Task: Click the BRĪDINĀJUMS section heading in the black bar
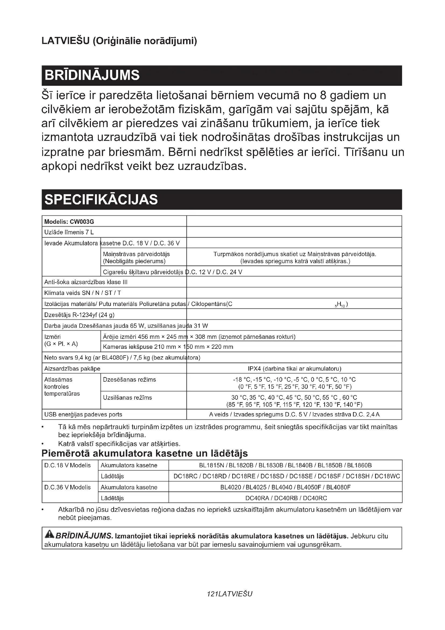click(x=92, y=75)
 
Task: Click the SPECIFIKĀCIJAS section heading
click(x=101, y=200)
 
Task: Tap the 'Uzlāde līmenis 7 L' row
click(x=69, y=232)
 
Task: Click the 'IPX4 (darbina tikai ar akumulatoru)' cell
click(x=294, y=368)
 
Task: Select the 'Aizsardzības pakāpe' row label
click(x=72, y=368)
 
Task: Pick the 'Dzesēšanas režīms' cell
click(x=129, y=380)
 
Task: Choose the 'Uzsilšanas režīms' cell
click(x=128, y=398)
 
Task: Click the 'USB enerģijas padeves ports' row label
click(x=83, y=414)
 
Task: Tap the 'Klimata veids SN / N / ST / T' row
click(x=83, y=293)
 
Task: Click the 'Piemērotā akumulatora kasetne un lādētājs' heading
click(x=145, y=454)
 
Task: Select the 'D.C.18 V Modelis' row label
click(x=68, y=465)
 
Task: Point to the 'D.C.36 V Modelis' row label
click(x=68, y=487)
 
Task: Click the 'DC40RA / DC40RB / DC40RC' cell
click(x=286, y=498)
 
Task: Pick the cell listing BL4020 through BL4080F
click(x=285, y=487)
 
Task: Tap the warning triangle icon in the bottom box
click(x=49, y=535)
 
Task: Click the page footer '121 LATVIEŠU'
click(x=229, y=594)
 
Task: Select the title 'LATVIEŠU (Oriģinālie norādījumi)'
click(x=119, y=41)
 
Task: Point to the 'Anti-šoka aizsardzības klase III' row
click(x=86, y=282)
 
